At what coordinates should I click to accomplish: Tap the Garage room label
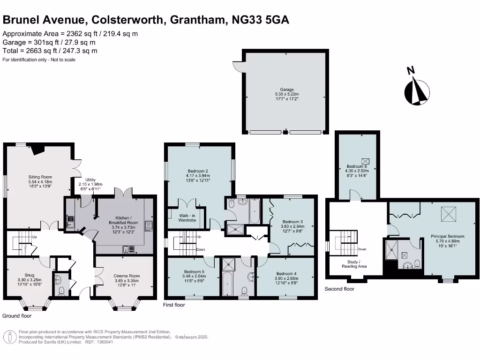pyautogui.click(x=287, y=90)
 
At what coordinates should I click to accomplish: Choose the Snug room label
pyautogui.click(x=30, y=276)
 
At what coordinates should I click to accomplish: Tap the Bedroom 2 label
pyautogui.click(x=198, y=171)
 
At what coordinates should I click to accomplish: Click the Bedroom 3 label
pyautogui.click(x=292, y=222)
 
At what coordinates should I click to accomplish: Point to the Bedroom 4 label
pyautogui.click(x=286, y=274)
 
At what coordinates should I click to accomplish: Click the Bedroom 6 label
pyautogui.click(x=357, y=166)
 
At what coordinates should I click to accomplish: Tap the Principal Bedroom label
pyautogui.click(x=447, y=237)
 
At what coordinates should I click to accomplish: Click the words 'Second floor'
pyautogui.click(x=339, y=289)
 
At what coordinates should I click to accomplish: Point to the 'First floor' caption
pyautogui.click(x=174, y=305)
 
